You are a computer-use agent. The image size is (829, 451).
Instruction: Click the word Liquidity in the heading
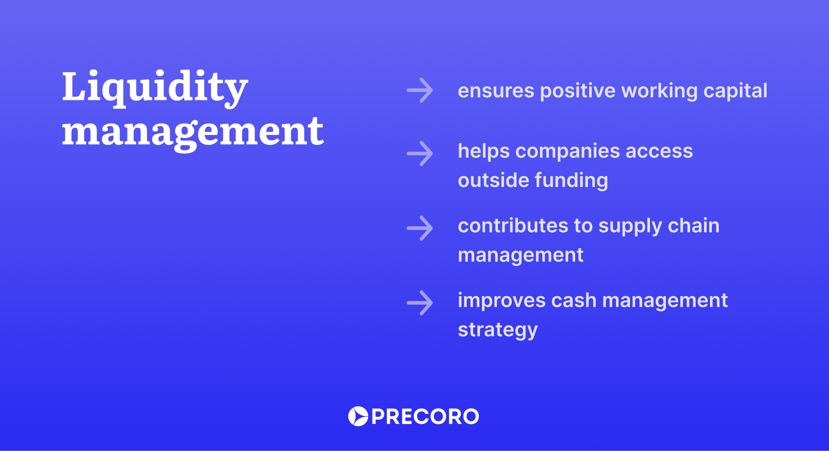(155, 87)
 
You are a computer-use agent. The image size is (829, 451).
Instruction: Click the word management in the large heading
(193, 132)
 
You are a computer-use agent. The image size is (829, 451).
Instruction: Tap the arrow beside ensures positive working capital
(420, 90)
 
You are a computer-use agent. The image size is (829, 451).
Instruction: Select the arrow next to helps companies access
(420, 153)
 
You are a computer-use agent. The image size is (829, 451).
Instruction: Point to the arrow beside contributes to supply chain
(420, 228)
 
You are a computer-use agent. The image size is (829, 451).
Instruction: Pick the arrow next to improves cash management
(420, 303)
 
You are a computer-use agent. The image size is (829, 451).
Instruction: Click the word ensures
(496, 91)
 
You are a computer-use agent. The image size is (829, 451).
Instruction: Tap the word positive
(577, 91)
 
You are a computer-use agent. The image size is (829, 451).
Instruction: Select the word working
(659, 91)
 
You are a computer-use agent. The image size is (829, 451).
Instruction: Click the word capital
(735, 91)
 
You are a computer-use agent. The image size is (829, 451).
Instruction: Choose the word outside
(493, 180)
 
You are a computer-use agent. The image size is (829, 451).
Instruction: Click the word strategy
(497, 330)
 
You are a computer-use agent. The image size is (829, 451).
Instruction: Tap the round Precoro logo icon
(358, 416)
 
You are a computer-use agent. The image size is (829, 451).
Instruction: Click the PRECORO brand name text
(425, 417)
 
